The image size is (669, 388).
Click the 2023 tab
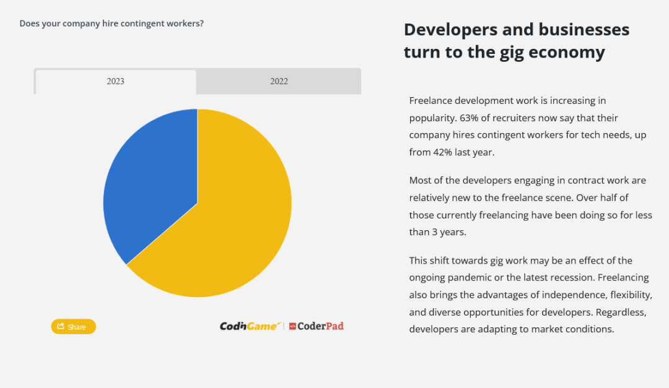coord(116,82)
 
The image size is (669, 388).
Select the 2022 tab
coord(279,82)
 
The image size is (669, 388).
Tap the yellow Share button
coord(73,327)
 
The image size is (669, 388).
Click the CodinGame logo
coord(250,326)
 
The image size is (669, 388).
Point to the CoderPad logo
coord(316,326)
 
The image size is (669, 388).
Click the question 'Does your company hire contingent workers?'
coord(111,24)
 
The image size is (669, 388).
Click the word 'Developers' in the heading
coord(450,30)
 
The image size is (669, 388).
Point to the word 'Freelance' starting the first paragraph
coord(430,101)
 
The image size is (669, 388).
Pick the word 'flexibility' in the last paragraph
coord(631,295)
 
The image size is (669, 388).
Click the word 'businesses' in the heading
coord(584,30)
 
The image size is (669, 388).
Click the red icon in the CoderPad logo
coord(292,326)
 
